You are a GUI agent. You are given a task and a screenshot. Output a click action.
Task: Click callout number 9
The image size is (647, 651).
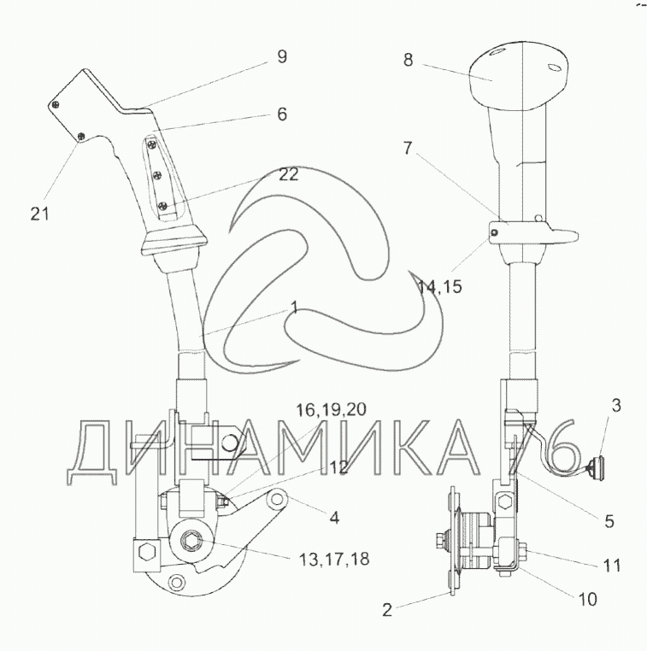coord(282,56)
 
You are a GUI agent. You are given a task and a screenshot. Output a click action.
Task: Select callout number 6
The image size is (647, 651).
coord(282,114)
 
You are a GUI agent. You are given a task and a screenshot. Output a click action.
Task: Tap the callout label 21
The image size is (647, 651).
coord(40,214)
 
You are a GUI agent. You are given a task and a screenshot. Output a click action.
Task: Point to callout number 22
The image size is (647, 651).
coord(289,174)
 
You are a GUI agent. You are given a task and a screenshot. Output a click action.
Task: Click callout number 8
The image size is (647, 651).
coord(409,60)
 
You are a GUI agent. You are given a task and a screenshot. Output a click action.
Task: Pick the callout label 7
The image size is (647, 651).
coord(408,148)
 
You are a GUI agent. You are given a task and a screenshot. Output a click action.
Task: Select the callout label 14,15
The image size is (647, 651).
coord(439,286)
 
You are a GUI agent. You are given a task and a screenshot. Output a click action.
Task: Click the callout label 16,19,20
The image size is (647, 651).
coord(331,410)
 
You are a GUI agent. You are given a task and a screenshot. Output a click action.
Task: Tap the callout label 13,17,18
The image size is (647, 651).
coord(334,559)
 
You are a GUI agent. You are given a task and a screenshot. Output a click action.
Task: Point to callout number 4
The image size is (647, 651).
coord(334,518)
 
